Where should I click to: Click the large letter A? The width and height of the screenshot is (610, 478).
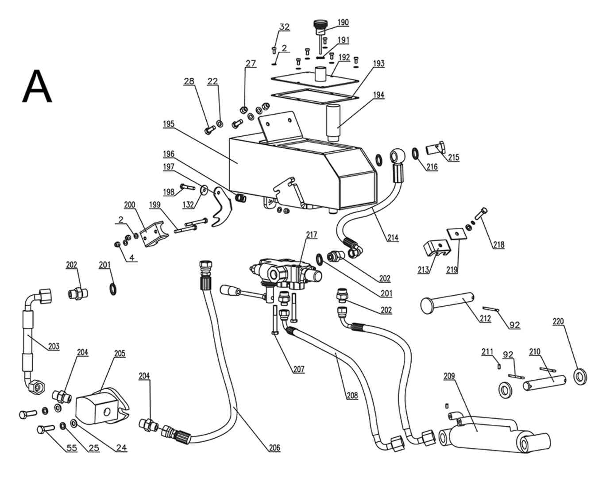pyautogui.click(x=37, y=86)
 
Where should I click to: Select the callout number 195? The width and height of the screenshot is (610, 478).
pyautogui.click(x=169, y=124)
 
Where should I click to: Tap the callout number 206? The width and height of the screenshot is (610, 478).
pyautogui.click(x=274, y=447)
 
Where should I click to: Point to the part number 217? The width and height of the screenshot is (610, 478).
pyautogui.click(x=312, y=235)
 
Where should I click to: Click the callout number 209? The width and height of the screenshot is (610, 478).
pyautogui.click(x=449, y=376)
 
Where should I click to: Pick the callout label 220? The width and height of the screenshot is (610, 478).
pyautogui.click(x=558, y=321)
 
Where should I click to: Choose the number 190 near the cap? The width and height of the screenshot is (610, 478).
pyautogui.click(x=343, y=23)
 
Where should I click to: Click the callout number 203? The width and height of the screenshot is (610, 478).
pyautogui.click(x=54, y=347)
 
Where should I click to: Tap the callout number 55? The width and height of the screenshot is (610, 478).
pyautogui.click(x=72, y=448)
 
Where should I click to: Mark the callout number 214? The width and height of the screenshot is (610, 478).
pyautogui.click(x=393, y=238)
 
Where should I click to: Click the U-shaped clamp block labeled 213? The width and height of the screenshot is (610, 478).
pyautogui.click(x=436, y=248)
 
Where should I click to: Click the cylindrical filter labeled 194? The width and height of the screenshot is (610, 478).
pyautogui.click(x=333, y=123)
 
